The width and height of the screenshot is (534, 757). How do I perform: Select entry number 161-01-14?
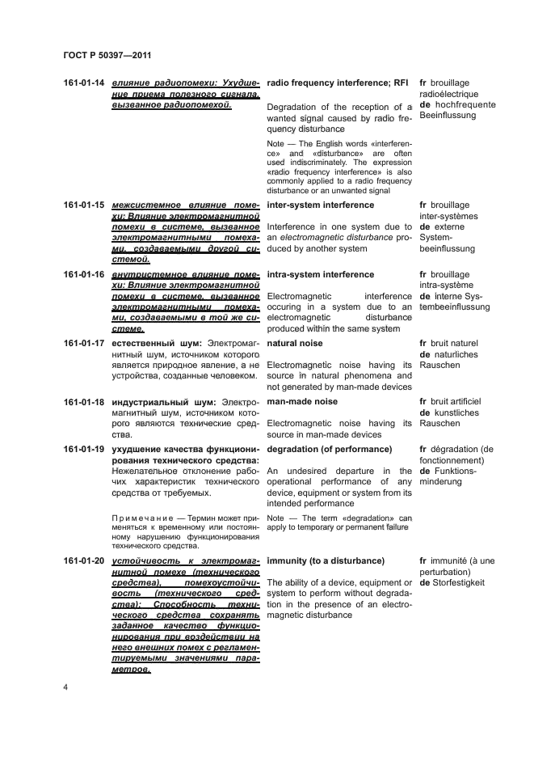coord(84,83)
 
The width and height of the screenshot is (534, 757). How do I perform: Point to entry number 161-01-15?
coord(84,205)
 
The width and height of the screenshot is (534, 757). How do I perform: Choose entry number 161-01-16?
coord(84,275)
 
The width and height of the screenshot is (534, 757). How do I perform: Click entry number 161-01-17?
coord(84,344)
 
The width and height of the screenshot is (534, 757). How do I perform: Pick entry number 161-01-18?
coord(84,402)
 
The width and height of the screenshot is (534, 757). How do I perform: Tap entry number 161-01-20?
coord(84,560)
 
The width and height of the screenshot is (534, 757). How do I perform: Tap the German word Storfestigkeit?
coord(459,582)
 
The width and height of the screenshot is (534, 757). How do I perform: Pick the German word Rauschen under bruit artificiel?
coord(440,423)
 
